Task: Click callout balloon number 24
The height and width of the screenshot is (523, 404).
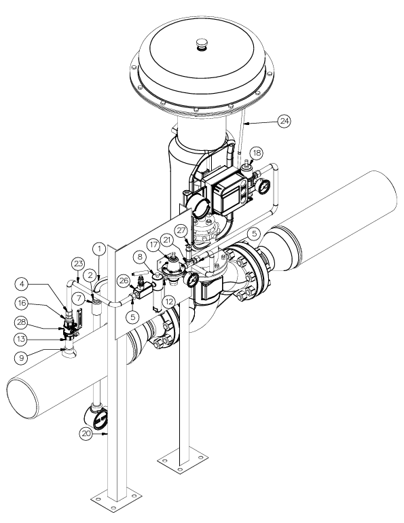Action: pos(284,121)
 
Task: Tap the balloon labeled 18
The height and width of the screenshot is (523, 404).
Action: pos(257,153)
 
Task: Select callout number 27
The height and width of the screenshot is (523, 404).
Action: pos(182,230)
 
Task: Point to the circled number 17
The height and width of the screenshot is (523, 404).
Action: pos(153,245)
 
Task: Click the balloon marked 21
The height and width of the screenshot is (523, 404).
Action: pos(167,240)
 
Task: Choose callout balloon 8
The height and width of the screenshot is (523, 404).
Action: pos(140,257)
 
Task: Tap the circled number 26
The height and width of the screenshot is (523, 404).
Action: pos(124,281)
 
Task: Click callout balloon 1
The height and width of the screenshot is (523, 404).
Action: pos(99,249)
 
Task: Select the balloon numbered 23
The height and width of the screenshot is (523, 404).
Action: pos(78,264)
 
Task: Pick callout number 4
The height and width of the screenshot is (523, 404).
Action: pos(22,284)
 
